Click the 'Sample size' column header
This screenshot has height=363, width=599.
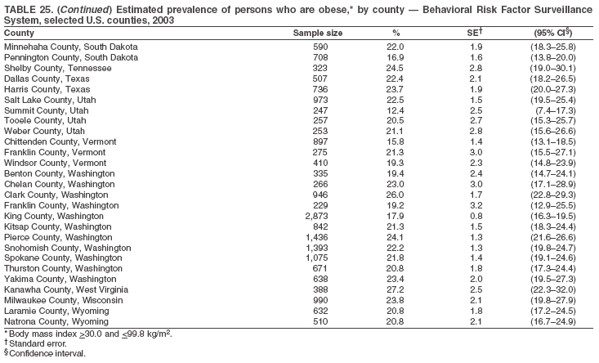pos(317,33)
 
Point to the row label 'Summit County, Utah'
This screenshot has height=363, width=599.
pos(44,110)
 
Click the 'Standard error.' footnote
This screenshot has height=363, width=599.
pos(37,344)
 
